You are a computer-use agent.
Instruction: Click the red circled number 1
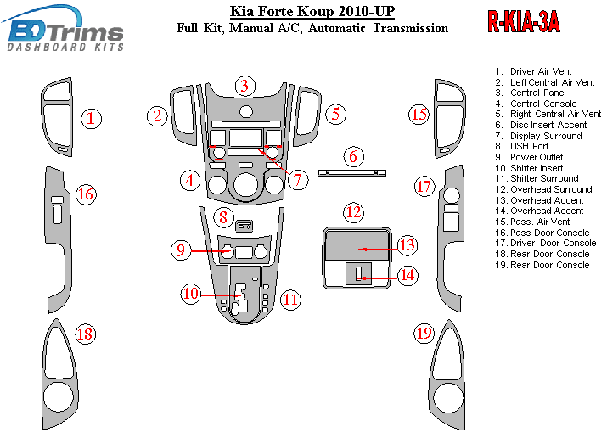coord(91,118)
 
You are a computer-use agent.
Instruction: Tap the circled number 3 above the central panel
coord(244,85)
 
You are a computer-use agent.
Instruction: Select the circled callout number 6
coord(353,156)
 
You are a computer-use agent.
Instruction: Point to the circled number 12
coord(353,211)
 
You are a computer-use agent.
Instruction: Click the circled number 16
coord(85,194)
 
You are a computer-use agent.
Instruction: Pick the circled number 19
coord(424,334)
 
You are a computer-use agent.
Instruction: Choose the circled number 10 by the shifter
coord(190,294)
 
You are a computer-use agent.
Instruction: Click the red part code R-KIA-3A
coord(523,22)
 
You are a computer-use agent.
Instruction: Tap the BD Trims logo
coord(65,31)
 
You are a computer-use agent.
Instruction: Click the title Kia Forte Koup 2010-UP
coord(312,11)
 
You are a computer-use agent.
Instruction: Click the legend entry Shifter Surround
coord(548,178)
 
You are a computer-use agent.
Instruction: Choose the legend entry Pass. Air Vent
coord(540,222)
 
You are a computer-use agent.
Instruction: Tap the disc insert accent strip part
coord(351,173)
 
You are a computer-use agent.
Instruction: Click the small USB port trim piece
coord(244,225)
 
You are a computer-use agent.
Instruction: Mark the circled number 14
coord(407,274)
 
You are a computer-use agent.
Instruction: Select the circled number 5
coord(335,113)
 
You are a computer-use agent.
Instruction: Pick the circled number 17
coord(424,186)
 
